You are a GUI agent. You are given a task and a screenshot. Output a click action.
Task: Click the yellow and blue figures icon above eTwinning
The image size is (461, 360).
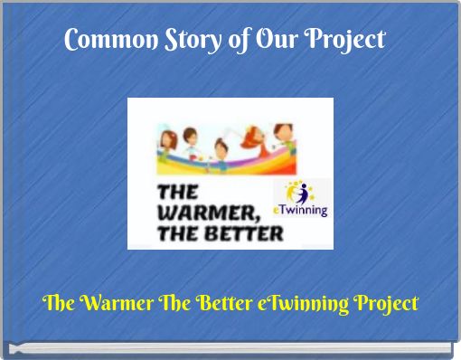click(x=299, y=192)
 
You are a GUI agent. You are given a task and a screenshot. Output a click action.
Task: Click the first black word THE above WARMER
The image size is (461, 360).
click(x=179, y=193)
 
